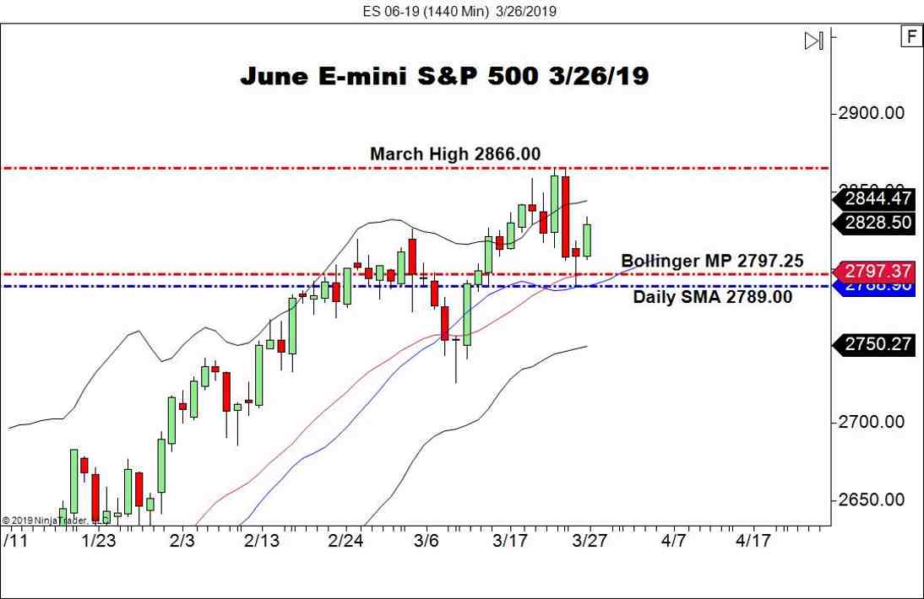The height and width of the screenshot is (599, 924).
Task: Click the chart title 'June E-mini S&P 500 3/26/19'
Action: [x=444, y=76]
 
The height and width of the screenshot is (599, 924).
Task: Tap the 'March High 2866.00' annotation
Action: [x=455, y=154]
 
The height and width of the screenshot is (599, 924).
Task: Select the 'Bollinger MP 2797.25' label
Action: [x=712, y=261]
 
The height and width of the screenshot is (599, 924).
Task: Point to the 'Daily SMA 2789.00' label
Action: [x=713, y=297]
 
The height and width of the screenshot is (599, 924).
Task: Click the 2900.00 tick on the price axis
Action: [x=871, y=113]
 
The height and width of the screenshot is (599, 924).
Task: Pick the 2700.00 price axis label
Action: [x=871, y=422]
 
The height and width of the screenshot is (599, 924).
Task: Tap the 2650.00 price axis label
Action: [x=871, y=499]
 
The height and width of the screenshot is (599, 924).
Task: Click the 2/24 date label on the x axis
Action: [x=345, y=540]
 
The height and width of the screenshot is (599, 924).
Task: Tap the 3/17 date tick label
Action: [x=510, y=540]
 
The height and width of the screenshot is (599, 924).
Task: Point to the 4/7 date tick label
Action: [x=673, y=540]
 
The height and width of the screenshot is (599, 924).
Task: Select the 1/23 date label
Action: [x=99, y=540]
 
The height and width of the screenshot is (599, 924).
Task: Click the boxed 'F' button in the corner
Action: [x=910, y=37]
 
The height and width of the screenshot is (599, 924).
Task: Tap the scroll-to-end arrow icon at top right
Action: [x=813, y=40]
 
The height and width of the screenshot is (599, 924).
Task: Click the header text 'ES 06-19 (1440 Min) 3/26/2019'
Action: [x=461, y=11]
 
